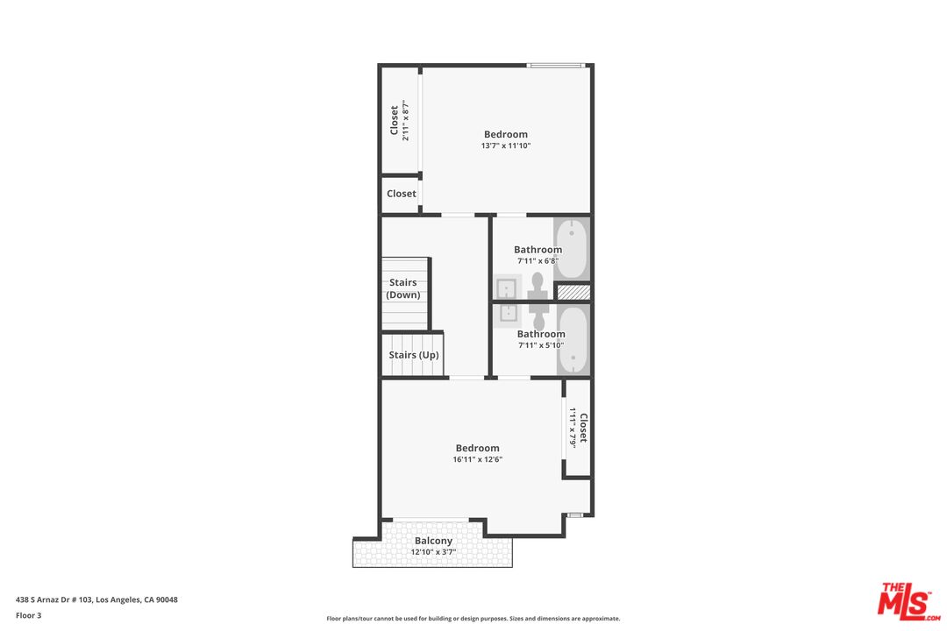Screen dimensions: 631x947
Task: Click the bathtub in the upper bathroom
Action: click(572, 248)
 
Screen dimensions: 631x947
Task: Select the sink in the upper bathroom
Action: click(507, 287)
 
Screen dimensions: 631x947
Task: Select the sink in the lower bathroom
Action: click(507, 312)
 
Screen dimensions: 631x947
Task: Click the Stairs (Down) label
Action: click(403, 288)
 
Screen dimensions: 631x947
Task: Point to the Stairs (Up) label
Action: click(414, 355)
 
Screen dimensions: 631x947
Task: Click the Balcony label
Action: click(433, 541)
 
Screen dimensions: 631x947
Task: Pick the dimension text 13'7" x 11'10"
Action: click(506, 145)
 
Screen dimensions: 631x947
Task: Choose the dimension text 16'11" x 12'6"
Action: click(477, 459)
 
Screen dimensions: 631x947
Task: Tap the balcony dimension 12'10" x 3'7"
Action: click(433, 552)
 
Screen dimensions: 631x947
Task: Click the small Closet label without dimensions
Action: click(402, 194)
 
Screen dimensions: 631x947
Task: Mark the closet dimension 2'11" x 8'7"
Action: click(406, 122)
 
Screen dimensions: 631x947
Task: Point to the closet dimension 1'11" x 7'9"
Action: click(573, 427)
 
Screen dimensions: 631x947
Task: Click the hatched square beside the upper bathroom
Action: click(572, 292)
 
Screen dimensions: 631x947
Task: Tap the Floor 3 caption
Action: click(28, 615)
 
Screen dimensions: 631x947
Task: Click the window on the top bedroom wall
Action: click(556, 65)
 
